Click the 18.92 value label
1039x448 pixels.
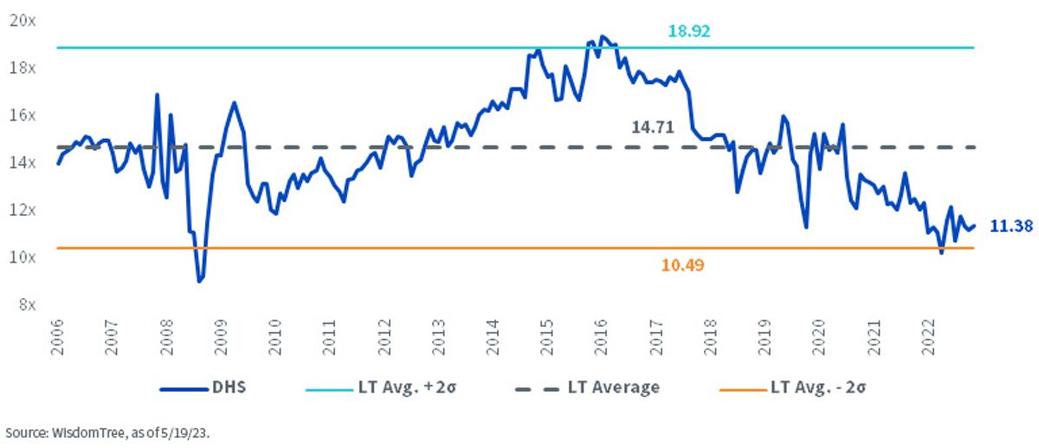tap(689, 31)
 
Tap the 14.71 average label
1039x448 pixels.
tap(653, 127)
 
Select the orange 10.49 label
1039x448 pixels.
tap(682, 265)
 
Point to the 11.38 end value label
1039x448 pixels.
tap(1011, 226)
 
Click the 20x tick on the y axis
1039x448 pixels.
tap(23, 21)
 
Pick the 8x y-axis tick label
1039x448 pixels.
tap(28, 304)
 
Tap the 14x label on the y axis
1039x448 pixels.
tap(23, 163)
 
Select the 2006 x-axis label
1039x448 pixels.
tap(57, 337)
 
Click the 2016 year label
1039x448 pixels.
tap(601, 337)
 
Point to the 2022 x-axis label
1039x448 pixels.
tap(927, 337)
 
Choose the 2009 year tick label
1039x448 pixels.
tap(221, 337)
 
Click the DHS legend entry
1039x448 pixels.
tap(203, 387)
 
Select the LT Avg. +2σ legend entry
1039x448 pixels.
tap(381, 387)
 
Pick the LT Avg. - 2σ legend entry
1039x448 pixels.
tap(792, 387)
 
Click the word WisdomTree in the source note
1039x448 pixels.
tap(87, 433)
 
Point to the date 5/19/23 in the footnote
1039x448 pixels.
tap(184, 433)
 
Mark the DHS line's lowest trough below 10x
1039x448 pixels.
tap(199, 282)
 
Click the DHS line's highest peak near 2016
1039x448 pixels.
tap(602, 36)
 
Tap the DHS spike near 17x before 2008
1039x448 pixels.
tap(157, 94)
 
